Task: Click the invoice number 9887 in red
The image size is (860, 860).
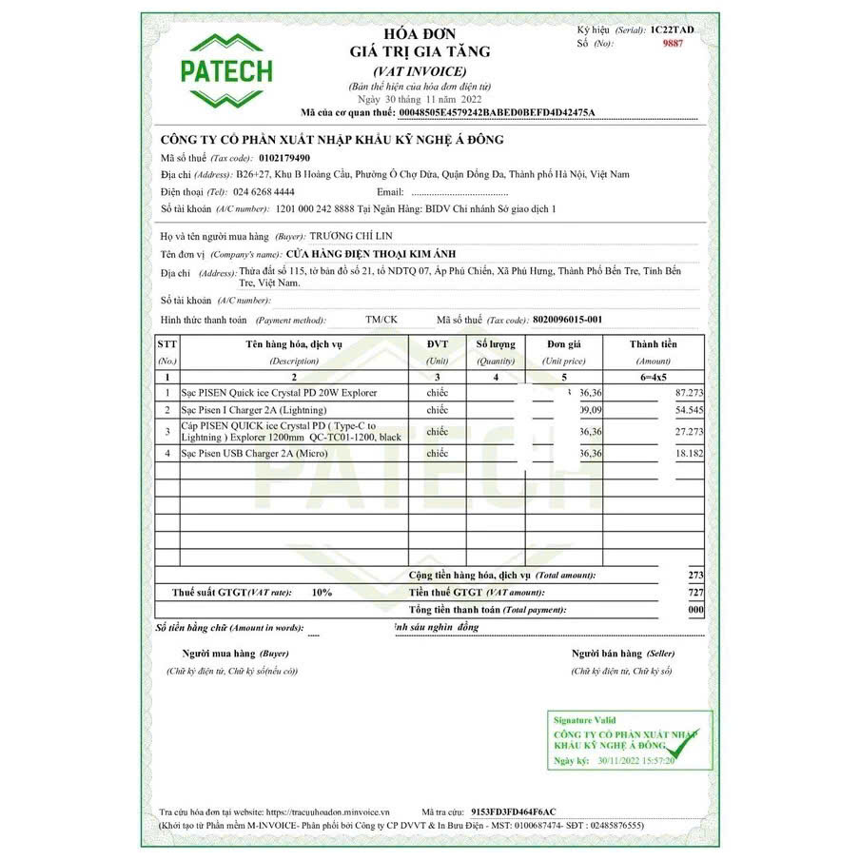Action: coord(674,43)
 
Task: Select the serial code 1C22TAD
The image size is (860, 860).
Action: coord(673,30)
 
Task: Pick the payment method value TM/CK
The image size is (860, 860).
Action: coord(381,320)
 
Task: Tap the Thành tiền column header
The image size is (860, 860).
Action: coord(653,344)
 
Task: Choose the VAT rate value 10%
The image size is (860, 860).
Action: coord(322,592)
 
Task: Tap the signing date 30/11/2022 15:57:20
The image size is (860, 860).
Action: coord(636,762)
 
